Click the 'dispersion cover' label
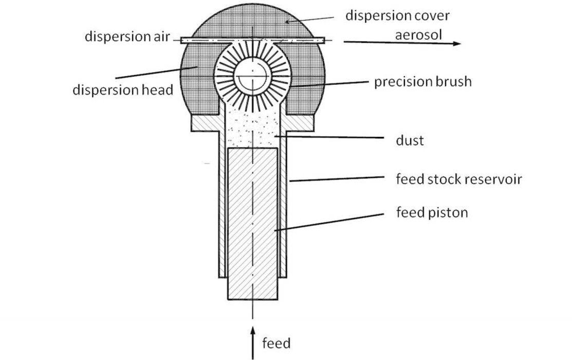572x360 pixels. point(397,15)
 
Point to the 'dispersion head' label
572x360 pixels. point(122,91)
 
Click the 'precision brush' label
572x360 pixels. point(422,82)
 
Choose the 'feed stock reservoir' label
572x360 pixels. point(459,179)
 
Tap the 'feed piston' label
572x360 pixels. point(432,212)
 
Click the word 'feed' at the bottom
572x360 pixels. point(276,343)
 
